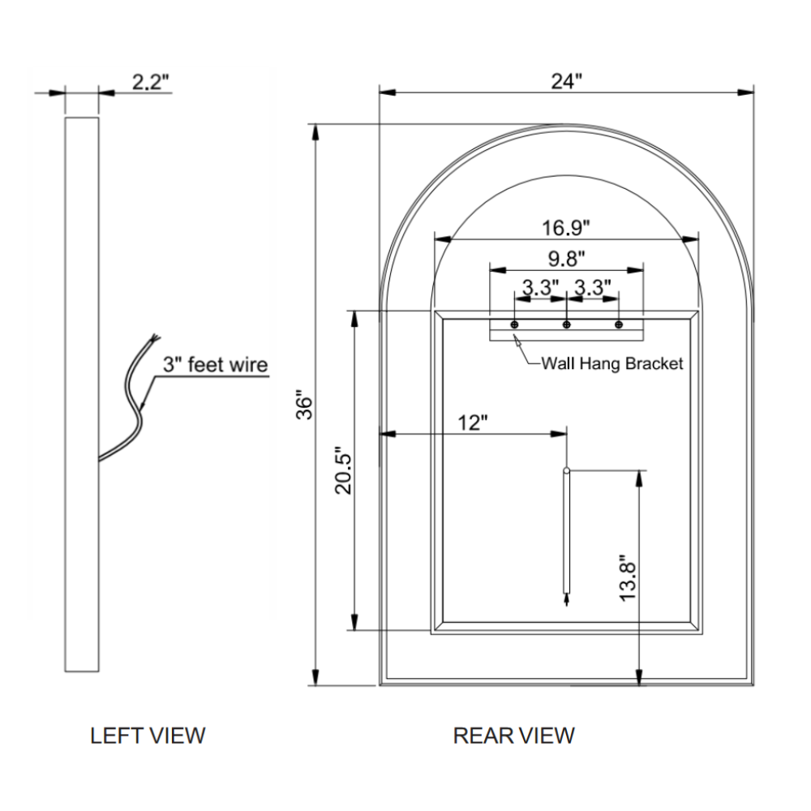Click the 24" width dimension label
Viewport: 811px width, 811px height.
[567, 81]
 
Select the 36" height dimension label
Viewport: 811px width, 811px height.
[304, 405]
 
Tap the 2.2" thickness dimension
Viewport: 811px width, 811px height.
[150, 82]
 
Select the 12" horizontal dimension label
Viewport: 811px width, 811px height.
[473, 423]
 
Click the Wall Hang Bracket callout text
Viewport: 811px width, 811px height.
[612, 363]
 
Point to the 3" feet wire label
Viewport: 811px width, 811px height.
[215, 365]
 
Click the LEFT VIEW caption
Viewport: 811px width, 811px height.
[148, 736]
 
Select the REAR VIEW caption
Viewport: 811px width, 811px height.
[513, 736]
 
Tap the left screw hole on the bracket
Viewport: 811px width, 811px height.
[514, 324]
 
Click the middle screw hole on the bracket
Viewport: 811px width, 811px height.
[567, 324]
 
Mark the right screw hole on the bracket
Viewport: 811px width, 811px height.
[620, 324]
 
